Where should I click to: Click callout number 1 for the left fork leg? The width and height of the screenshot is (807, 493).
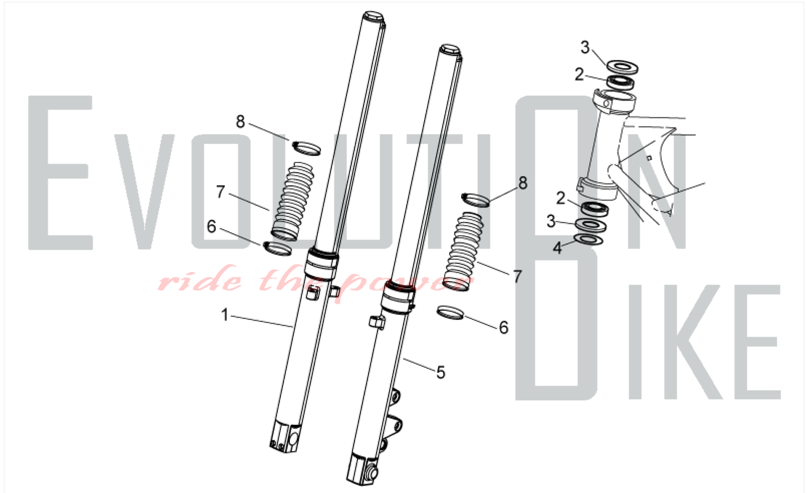tap(225, 315)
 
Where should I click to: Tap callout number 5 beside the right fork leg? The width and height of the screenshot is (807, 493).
tap(441, 372)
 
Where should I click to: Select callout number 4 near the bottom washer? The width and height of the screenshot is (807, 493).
tap(557, 248)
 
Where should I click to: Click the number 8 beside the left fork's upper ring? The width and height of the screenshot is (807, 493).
tap(240, 121)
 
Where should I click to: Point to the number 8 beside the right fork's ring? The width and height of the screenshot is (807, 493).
tap(523, 183)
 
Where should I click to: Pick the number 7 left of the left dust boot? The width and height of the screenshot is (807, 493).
tap(220, 192)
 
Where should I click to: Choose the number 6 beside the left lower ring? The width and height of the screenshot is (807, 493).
tap(211, 226)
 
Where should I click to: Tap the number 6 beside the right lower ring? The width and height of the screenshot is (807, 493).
tap(504, 327)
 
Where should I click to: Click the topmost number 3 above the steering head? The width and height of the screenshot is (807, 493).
tap(585, 47)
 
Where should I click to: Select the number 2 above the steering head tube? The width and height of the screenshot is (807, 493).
tap(579, 74)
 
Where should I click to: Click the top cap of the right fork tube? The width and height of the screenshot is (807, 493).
tap(451, 50)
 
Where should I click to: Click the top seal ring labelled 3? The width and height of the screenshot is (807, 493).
tap(623, 67)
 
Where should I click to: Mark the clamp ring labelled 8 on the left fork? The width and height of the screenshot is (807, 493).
tap(307, 148)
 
